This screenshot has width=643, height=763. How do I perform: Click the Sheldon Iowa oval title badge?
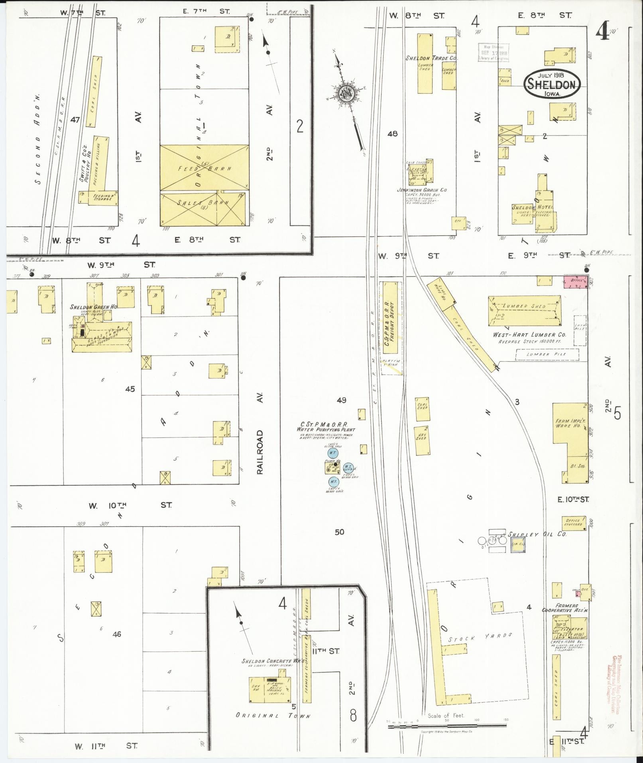click(x=552, y=83)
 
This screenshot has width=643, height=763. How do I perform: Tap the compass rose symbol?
click(x=346, y=94)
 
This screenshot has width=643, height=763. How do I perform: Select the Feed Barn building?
click(x=204, y=168)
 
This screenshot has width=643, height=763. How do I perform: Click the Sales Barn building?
click(x=203, y=209)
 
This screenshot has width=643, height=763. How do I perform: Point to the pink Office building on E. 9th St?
click(x=575, y=281)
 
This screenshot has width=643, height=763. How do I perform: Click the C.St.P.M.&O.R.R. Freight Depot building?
click(x=390, y=317)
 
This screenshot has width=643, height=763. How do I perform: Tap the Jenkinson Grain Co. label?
click(x=421, y=190)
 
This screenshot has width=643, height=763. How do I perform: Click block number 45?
click(x=130, y=389)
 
